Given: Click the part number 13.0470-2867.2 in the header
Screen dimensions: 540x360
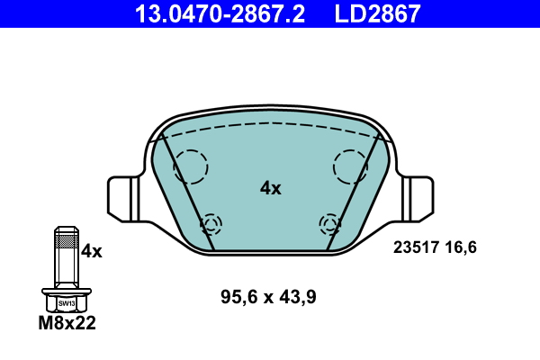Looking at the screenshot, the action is click(x=220, y=13).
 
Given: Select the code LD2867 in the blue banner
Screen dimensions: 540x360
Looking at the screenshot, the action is click(x=377, y=13).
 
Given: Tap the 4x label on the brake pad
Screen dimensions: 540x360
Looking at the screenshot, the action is click(x=270, y=188).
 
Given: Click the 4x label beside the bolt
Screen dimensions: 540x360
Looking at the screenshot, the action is click(x=91, y=251).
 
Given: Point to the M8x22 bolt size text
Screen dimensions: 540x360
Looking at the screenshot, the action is click(x=67, y=323).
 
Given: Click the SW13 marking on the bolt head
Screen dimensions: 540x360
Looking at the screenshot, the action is click(x=67, y=303).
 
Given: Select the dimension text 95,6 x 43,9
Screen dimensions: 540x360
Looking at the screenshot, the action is click(x=268, y=297).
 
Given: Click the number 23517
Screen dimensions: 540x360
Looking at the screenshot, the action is click(x=416, y=247).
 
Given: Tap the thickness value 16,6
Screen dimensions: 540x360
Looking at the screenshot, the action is click(x=461, y=247).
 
